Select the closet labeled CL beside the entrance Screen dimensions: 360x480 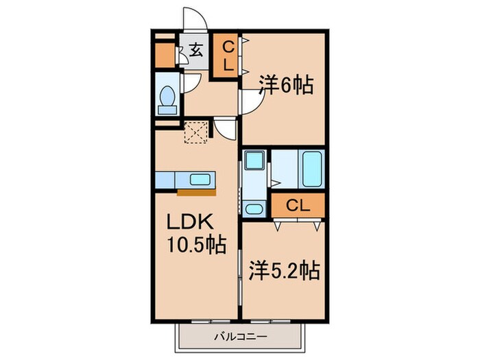point(226,56)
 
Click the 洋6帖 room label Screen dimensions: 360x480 point(286,86)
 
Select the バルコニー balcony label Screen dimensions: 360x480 point(239,336)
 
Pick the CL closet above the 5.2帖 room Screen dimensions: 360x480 point(297,205)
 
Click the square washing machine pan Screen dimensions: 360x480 point(252,163)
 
